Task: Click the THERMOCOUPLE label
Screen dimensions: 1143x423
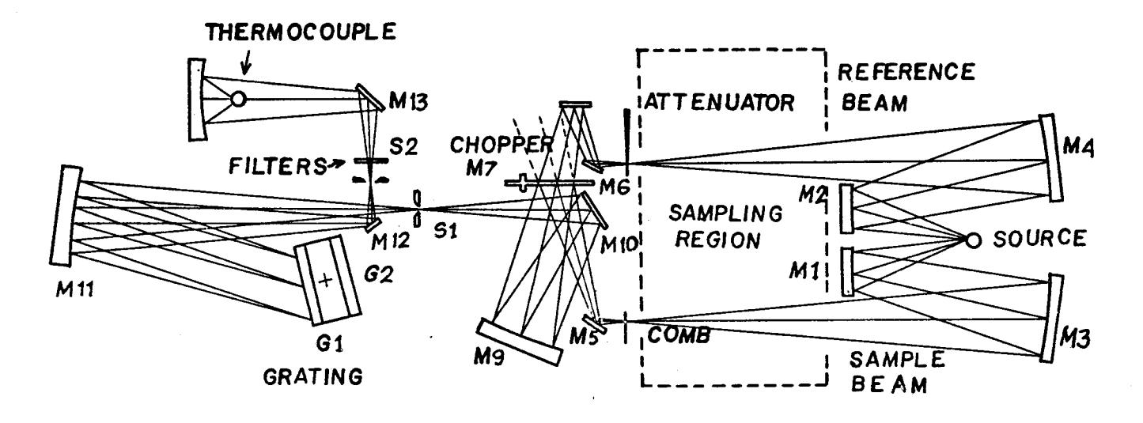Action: [x=301, y=32]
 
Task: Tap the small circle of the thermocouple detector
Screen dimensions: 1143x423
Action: [x=238, y=99]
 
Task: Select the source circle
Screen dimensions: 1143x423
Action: [x=973, y=240]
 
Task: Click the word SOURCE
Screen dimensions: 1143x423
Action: [x=1039, y=239]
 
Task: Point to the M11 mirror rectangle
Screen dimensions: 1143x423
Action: [x=66, y=215]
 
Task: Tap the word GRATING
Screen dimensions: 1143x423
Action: [x=312, y=377]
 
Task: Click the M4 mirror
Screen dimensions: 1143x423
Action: [x=1051, y=157]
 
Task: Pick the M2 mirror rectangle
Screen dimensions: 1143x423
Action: [x=846, y=209]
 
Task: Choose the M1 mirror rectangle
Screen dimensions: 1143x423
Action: [x=846, y=271]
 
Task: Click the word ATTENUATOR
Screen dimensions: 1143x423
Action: [x=719, y=103]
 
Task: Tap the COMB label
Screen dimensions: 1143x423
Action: [x=679, y=334]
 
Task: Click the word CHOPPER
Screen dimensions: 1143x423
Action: [x=501, y=145]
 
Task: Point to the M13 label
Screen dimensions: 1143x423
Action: [x=408, y=101]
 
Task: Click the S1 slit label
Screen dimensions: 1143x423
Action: [x=445, y=231]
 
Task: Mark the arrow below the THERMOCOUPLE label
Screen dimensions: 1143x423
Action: [x=247, y=63]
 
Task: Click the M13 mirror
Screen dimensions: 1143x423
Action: [x=370, y=97]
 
